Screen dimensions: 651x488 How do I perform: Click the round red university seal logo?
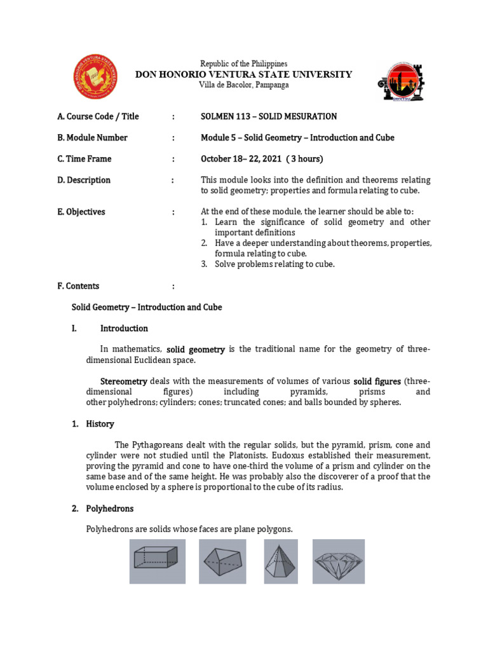[x=95, y=77]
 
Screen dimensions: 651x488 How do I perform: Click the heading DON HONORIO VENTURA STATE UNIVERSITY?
[x=243, y=74]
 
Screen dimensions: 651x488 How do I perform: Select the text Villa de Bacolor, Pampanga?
[x=243, y=85]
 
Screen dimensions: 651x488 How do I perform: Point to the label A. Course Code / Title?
[x=98, y=116]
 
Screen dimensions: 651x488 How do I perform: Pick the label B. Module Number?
[x=92, y=137]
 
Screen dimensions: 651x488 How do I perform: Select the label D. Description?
[x=84, y=180]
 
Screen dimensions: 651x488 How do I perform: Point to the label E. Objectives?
[x=81, y=212]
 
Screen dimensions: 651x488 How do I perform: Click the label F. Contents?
[x=78, y=286]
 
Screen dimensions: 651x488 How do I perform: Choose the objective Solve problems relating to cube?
[x=274, y=264]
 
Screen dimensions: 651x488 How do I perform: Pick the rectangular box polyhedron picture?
[x=158, y=561]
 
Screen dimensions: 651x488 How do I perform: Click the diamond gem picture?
[x=339, y=561]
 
